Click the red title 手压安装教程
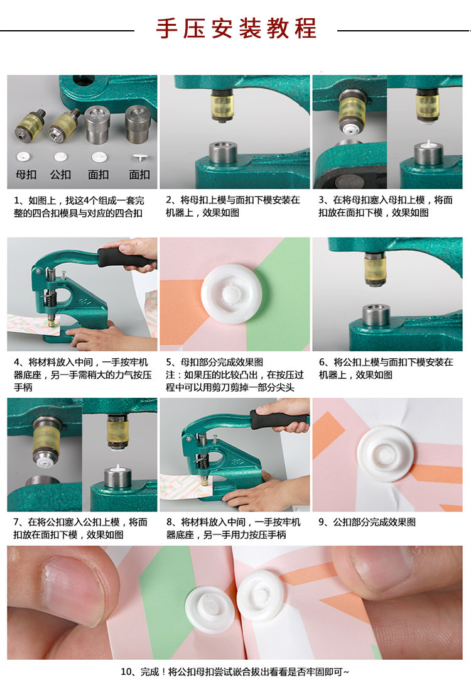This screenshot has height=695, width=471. (x=235, y=28)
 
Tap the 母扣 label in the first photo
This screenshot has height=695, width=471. (x=26, y=175)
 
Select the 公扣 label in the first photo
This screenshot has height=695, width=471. (x=60, y=175)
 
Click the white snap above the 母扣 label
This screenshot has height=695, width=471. (x=23, y=156)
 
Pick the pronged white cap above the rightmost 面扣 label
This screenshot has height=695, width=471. (x=140, y=157)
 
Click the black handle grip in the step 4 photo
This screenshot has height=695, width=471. (x=124, y=257)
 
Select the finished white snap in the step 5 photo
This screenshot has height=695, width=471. (x=231, y=293)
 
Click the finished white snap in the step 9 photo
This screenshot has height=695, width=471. (x=386, y=454)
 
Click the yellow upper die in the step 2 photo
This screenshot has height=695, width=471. (x=222, y=106)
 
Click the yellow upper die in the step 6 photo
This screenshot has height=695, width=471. (x=375, y=268)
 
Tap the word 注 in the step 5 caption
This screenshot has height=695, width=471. (x=171, y=375)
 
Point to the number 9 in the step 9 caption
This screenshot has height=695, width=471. (x=322, y=522)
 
